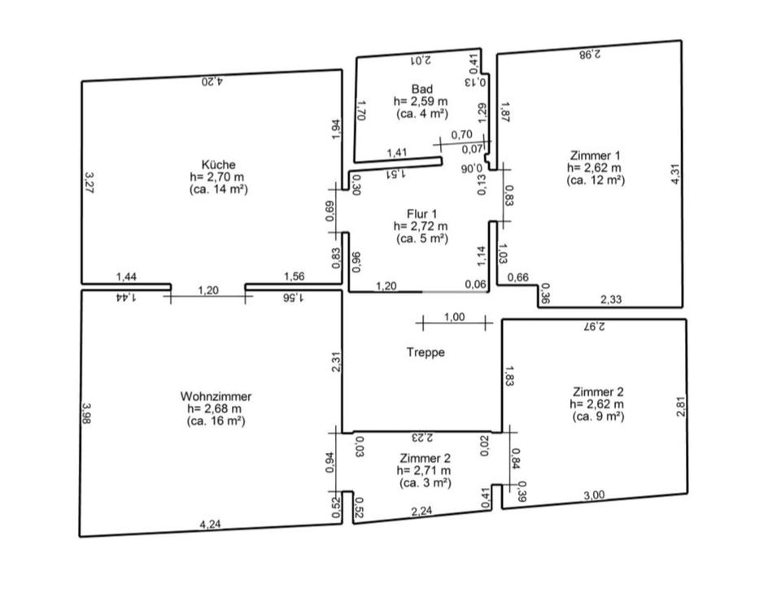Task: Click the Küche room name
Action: [217, 164]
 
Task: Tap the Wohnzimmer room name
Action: [216, 396]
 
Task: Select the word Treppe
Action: [425, 353]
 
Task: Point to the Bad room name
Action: [421, 89]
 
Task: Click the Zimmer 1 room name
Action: [596, 155]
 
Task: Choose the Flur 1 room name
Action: [421, 214]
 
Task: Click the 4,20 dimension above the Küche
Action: [212, 81]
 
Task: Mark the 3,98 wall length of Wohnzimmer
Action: [87, 414]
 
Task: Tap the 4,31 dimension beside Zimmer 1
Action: [674, 175]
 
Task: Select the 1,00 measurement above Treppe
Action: [455, 317]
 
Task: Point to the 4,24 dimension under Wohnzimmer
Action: [210, 525]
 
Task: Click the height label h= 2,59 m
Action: [421, 102]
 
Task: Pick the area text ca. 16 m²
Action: [216, 421]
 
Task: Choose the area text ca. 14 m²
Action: [217, 189]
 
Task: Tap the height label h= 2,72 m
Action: [421, 226]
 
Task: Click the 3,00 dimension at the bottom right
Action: [595, 495]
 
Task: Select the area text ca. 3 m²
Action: [425, 482]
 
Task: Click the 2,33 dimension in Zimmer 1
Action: [611, 300]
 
